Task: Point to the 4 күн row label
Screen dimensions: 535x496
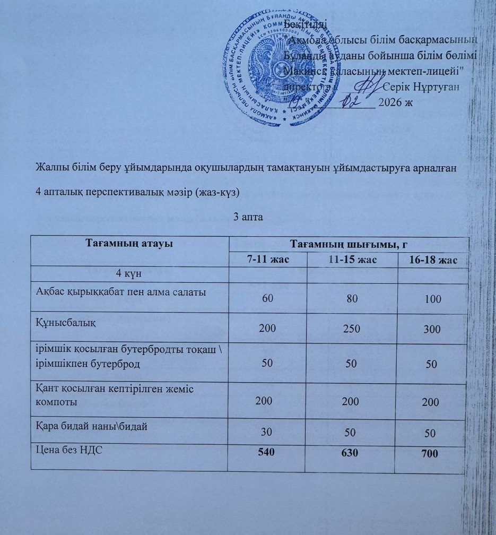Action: point(129,274)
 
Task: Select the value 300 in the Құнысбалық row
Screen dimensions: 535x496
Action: point(432,330)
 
